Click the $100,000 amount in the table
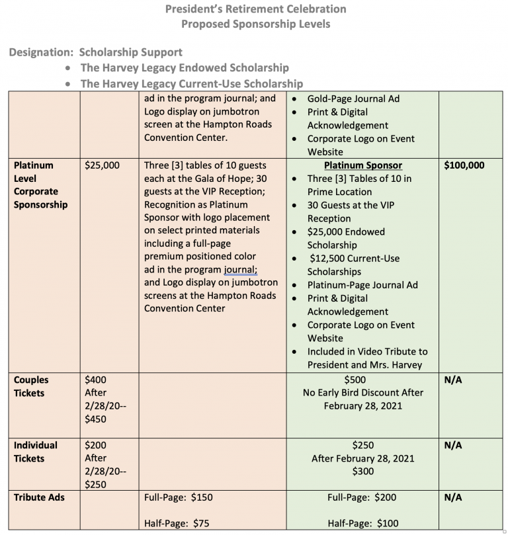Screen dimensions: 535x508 [464, 165]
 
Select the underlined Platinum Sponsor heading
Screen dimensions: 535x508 [363, 165]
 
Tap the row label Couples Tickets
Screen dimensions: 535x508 [31, 386]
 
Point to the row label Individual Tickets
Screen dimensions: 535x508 [36, 452]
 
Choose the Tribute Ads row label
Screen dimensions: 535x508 [39, 497]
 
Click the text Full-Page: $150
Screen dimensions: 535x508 [179, 497]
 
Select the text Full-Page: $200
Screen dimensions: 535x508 [363, 497]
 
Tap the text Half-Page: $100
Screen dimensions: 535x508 [363, 524]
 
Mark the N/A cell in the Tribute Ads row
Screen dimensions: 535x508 [453, 497]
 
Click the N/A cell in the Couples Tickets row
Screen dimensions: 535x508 [453, 380]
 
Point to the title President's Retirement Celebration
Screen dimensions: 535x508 [255, 9]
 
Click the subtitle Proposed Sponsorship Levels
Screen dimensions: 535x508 [255, 24]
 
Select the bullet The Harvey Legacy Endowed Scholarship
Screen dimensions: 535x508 [185, 67]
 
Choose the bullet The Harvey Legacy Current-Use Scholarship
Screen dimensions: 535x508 [192, 83]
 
